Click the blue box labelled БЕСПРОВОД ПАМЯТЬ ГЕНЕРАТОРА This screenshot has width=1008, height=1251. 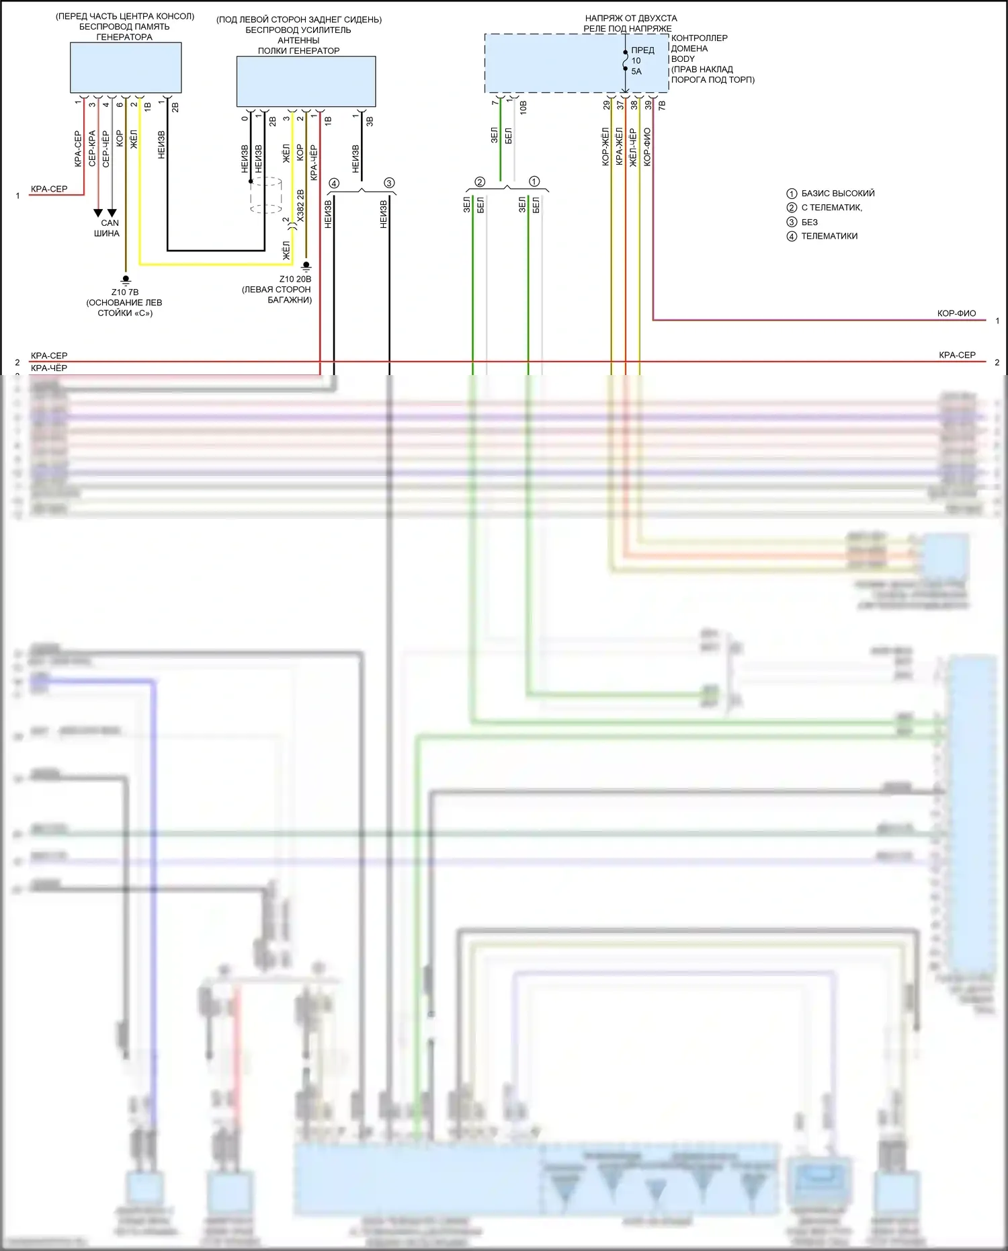tap(126, 67)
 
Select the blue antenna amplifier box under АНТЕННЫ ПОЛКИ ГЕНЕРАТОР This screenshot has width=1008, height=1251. tap(306, 81)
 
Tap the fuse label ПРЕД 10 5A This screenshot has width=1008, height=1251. tap(642, 60)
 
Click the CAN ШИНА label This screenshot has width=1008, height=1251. tap(108, 228)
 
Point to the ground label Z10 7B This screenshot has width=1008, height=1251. tap(125, 292)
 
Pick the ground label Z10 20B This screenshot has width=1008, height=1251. tap(296, 279)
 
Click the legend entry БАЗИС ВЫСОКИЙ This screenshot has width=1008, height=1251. tap(837, 194)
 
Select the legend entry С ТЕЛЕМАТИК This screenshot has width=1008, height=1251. tap(831, 208)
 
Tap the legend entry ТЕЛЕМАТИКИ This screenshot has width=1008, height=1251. tap(829, 236)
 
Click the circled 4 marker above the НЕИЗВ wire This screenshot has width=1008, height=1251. tap(334, 183)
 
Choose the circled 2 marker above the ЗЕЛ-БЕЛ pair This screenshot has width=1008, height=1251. tap(480, 182)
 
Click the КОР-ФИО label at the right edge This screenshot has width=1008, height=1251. tap(956, 313)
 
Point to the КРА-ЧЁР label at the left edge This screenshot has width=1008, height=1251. tap(49, 368)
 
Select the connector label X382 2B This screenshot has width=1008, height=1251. tap(300, 205)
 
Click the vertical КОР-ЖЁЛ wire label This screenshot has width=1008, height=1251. tap(605, 147)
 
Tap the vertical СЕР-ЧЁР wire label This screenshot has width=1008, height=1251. tap(106, 149)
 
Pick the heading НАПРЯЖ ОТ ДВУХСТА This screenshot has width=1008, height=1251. tap(631, 18)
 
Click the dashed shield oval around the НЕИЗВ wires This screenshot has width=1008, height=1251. tap(266, 195)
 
